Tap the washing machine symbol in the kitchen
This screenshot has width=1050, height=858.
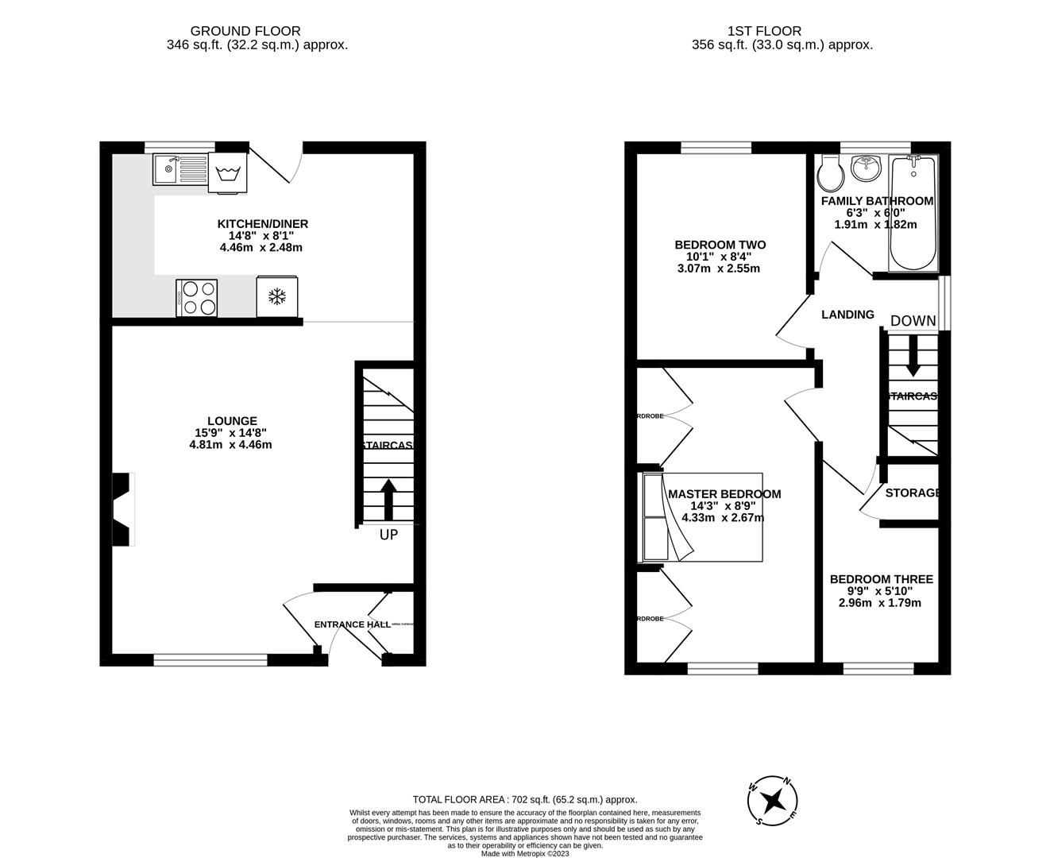coord(228,173)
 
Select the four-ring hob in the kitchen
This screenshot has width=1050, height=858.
coord(197,298)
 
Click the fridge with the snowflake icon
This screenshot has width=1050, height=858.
coord(277,296)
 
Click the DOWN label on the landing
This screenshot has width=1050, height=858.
coord(913,321)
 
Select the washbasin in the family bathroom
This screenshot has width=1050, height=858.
coord(866,168)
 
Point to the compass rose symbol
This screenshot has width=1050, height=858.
coord(773,799)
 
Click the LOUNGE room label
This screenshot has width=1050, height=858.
coord(232,421)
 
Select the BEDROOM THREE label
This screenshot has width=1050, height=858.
coord(881,580)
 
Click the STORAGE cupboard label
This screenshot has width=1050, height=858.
coord(913,493)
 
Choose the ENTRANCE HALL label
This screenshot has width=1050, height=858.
coord(352,624)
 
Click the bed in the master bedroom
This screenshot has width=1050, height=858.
coord(702,517)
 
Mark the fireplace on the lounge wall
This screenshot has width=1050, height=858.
coord(122,509)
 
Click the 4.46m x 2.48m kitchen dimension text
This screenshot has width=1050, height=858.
coord(261,248)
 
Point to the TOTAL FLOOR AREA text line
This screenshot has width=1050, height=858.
coord(525,800)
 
